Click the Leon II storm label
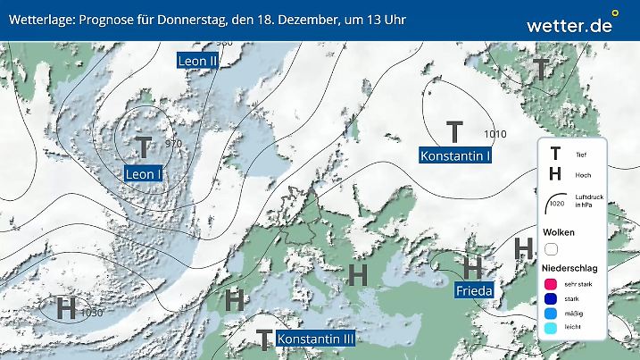tap(198, 61)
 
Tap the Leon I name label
tap(143, 173)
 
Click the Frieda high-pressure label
tap(474, 290)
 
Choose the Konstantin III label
tap(316, 339)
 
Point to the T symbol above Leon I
tap(144, 147)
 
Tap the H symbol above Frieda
tap(473, 266)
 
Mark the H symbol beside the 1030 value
tap(65, 310)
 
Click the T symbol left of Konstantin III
tap(263, 339)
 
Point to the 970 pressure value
tap(173, 144)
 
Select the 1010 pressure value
tap(495, 134)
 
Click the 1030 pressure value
tap(91, 313)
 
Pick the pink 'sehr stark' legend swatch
tap(551, 282)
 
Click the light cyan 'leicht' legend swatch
tap(551, 331)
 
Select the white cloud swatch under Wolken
tap(551, 249)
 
